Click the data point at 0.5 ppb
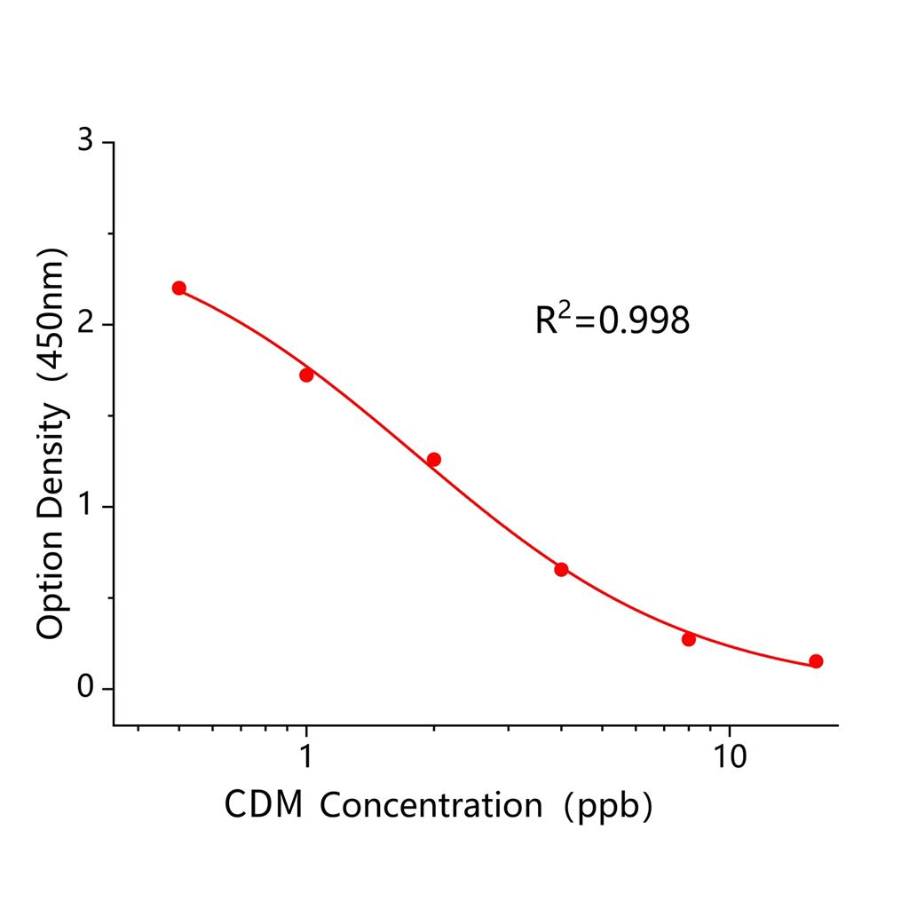[x=179, y=288]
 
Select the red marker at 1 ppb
[x=306, y=375]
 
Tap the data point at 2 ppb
[x=434, y=459]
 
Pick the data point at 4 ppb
[x=561, y=569]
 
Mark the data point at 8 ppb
[x=689, y=639]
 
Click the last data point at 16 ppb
[x=816, y=661]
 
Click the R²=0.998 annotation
[x=612, y=320]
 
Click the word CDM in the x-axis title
[x=262, y=805]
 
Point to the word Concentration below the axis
[x=431, y=805]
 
